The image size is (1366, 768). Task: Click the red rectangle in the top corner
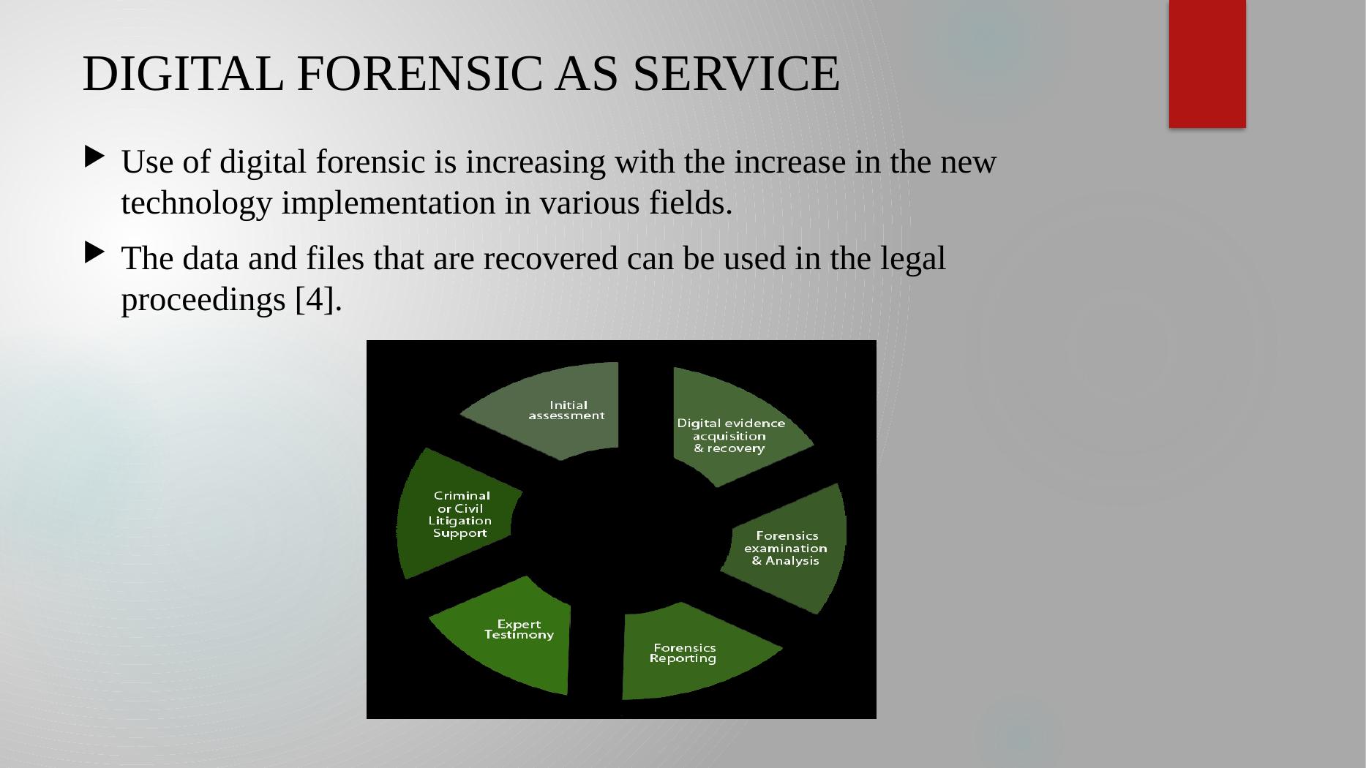(x=1207, y=64)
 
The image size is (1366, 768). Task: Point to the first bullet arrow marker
(x=94, y=157)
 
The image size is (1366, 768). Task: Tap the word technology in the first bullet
(x=196, y=204)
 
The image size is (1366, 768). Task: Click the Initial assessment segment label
(x=567, y=410)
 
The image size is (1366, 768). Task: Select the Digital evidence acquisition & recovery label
(x=730, y=436)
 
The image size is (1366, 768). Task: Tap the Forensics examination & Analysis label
(x=786, y=549)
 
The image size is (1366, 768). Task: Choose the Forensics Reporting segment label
(x=683, y=653)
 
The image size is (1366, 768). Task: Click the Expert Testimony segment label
(x=519, y=630)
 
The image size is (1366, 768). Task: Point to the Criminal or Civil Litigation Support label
(x=460, y=514)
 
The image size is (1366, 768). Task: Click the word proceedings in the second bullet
(x=204, y=301)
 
